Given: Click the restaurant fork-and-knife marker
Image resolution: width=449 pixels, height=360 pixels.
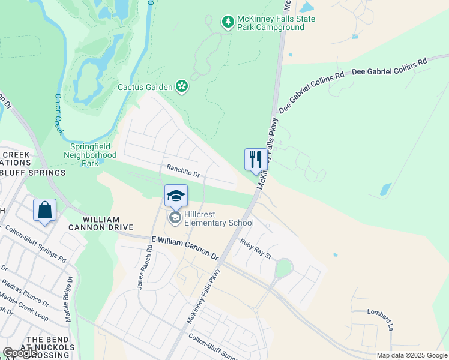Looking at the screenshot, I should (255, 160).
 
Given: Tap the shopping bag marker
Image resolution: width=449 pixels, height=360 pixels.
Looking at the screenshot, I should (45, 210).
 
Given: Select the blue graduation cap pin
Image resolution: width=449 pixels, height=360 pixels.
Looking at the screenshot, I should (176, 196).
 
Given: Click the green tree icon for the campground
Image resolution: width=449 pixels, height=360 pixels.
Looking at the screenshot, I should (228, 23).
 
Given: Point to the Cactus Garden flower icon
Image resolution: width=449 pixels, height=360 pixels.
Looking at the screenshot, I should (182, 87).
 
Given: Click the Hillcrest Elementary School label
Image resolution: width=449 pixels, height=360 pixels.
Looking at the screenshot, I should (219, 218).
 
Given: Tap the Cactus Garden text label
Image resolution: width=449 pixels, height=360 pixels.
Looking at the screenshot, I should (145, 87).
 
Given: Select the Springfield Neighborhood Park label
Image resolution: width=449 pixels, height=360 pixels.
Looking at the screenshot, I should (90, 154).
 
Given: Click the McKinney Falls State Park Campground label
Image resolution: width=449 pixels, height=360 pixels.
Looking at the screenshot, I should (276, 23).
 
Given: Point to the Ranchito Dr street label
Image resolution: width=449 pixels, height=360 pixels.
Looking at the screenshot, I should (183, 173).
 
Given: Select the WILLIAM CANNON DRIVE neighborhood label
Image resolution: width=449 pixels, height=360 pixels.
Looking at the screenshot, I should (93, 224).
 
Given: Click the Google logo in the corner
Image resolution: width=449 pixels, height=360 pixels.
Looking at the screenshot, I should (19, 353).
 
